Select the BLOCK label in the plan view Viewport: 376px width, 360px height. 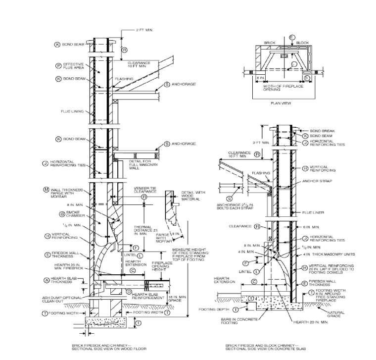(x=302, y=43)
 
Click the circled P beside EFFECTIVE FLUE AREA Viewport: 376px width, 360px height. (x=58, y=65)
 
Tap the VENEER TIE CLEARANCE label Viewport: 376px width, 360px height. (x=145, y=190)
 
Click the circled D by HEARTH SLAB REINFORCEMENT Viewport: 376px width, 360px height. (x=129, y=293)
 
